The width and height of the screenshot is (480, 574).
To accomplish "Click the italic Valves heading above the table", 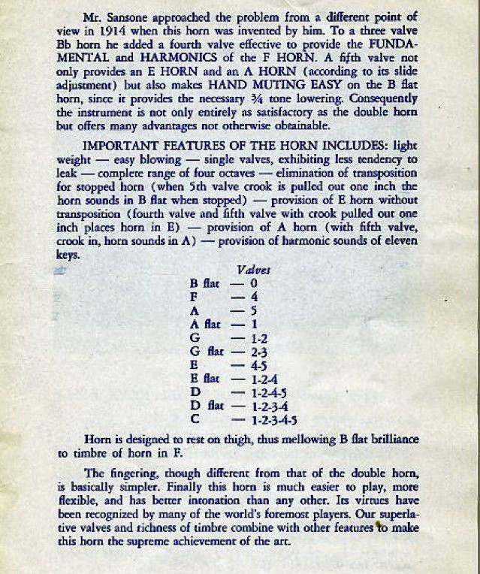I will tap(254, 269).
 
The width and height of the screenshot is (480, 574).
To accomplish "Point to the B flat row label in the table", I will tap(205, 283).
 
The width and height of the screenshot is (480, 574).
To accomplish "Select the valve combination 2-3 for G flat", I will tap(259, 351).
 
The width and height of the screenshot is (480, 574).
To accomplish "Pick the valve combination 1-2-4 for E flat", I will tap(264, 378).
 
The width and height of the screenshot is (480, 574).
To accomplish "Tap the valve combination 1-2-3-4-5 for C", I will tap(274, 418).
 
